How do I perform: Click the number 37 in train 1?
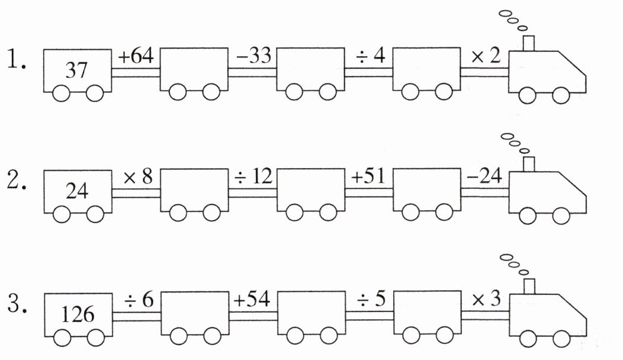(x=76, y=70)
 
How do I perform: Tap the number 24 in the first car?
(x=77, y=191)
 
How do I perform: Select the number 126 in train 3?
(x=78, y=314)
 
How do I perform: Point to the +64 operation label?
(x=136, y=56)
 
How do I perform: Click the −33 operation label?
(x=253, y=56)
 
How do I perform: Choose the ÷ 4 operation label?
(x=370, y=56)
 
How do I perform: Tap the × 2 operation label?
(x=486, y=56)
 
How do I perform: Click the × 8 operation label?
(x=138, y=176)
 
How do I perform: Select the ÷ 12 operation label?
(x=253, y=176)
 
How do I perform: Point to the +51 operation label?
(x=368, y=176)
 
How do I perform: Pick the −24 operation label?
(x=485, y=176)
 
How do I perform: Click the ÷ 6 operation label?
(x=139, y=300)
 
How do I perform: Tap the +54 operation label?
(x=252, y=299)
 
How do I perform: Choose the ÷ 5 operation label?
(x=371, y=299)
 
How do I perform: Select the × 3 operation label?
(x=486, y=299)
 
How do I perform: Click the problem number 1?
(x=17, y=60)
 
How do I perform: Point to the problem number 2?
(x=17, y=181)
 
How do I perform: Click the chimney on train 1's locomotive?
(x=528, y=43)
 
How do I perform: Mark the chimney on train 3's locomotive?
(x=529, y=287)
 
